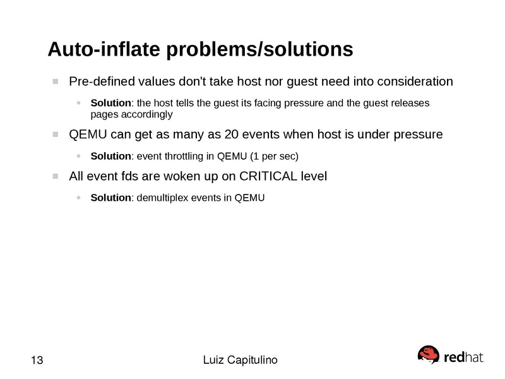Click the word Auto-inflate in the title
pyautogui.click(x=104, y=49)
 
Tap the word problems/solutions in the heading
pyautogui.click(x=259, y=50)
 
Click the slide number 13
pyautogui.click(x=37, y=360)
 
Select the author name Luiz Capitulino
pyautogui.click(x=241, y=360)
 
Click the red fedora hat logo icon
pyautogui.click(x=429, y=354)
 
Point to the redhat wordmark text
pyautogui.click(x=464, y=357)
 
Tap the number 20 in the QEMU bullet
pyautogui.click(x=231, y=135)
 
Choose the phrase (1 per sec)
pyautogui.click(x=274, y=156)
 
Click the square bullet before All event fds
pyautogui.click(x=56, y=176)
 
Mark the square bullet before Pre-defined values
pyautogui.click(x=56, y=81)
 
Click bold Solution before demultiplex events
pyautogui.click(x=111, y=198)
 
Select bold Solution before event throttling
pyautogui.click(x=111, y=156)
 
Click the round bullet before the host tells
pyautogui.click(x=78, y=103)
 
